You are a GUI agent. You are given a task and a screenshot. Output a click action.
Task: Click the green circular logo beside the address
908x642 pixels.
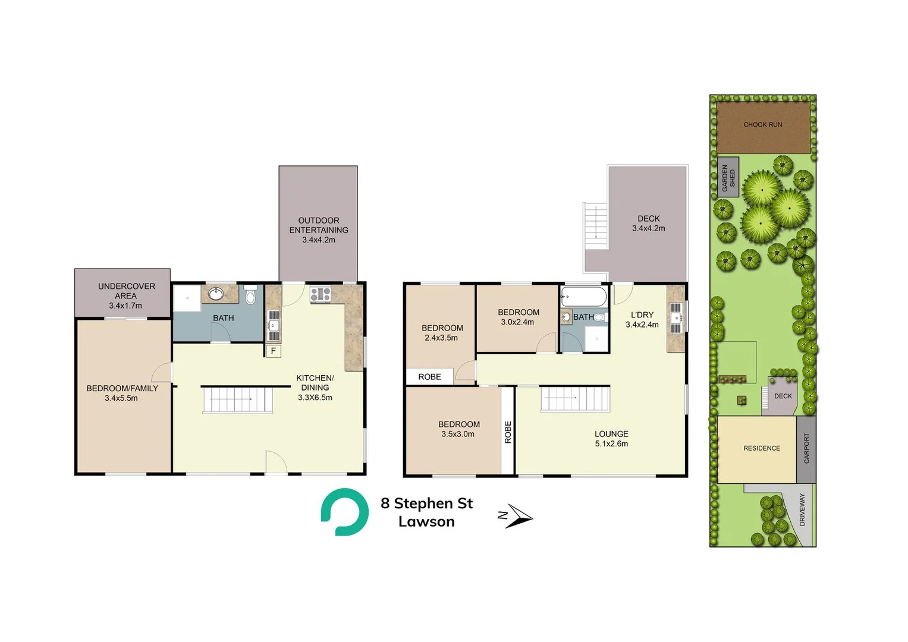pos(344,512)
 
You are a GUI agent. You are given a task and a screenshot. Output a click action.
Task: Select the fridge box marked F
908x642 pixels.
pos(273,351)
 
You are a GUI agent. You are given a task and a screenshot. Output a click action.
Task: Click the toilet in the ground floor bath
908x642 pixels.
pos(250,295)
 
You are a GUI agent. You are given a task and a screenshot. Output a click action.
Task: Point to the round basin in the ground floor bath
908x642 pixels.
pos(216,294)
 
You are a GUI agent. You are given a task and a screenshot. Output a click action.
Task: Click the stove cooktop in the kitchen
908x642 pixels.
pos(321,294)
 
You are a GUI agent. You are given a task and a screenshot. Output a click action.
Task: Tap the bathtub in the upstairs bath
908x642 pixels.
pos(584,297)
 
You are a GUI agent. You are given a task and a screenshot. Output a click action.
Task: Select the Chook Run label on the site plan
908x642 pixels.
pos(762,125)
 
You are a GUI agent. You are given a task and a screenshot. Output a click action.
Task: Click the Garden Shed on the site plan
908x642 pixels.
pos(728,178)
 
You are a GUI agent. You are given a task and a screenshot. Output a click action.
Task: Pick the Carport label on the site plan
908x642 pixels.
pos(806,448)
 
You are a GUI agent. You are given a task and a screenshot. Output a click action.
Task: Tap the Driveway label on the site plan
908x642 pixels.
pos(802,509)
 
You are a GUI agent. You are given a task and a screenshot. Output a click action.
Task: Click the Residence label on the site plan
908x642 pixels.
pos(761,448)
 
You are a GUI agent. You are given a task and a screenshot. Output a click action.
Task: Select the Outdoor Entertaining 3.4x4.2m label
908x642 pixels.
pos(319,230)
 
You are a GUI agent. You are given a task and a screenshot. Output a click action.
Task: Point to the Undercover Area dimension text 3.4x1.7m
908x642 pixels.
pos(125,306)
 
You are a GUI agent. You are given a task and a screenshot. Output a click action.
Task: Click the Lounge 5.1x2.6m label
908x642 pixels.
pos(611,439)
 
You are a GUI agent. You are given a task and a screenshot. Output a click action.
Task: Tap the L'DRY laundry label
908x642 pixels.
pos(642,315)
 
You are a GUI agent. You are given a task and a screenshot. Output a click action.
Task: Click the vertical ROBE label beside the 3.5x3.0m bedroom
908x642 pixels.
pos(508,432)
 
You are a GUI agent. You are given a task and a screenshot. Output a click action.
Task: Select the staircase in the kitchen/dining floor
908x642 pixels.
pos(238,399)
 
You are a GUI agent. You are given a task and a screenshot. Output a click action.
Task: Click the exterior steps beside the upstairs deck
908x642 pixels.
pos(596,226)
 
